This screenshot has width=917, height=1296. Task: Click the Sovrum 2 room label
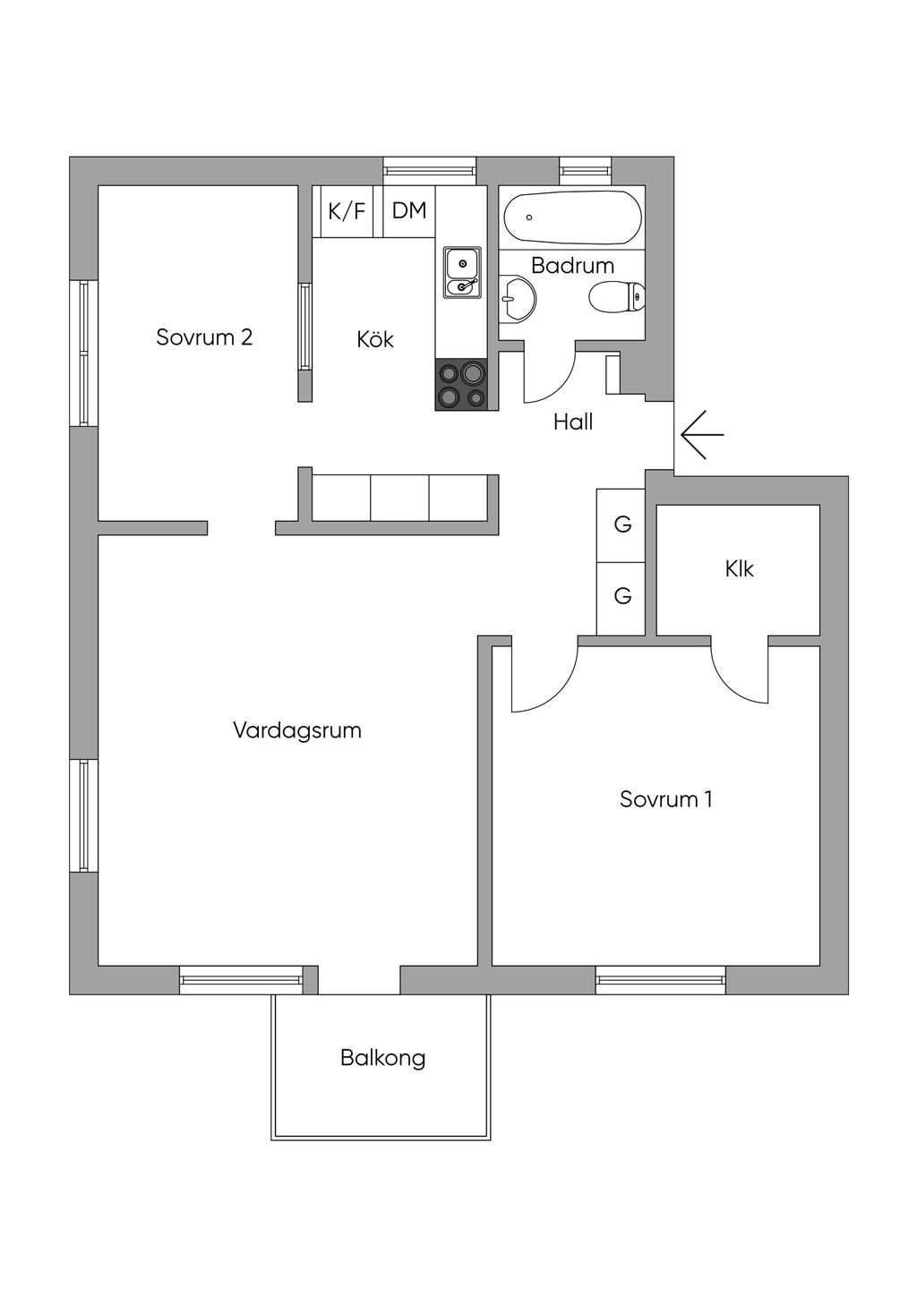click(204, 337)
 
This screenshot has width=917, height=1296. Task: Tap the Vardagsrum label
click(297, 730)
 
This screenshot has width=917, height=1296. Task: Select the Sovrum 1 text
click(665, 799)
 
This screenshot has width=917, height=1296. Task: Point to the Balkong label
click(382, 1058)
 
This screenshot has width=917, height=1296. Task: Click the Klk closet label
click(740, 568)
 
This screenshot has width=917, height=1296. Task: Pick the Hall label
click(573, 422)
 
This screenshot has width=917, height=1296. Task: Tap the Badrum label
click(572, 266)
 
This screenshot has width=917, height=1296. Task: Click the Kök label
click(375, 339)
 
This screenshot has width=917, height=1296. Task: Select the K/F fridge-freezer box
click(347, 211)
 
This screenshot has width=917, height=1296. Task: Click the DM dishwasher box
click(408, 211)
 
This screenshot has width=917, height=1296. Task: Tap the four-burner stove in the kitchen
click(462, 384)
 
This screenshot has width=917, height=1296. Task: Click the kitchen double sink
click(462, 272)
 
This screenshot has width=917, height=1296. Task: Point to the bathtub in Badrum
click(572, 217)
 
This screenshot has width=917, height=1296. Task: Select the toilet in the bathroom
click(617, 297)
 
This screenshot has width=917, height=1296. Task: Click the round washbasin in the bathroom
click(517, 298)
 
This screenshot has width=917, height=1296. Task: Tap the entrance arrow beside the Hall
click(702, 434)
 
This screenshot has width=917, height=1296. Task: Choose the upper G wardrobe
click(621, 524)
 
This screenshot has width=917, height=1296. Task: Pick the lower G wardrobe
click(621, 598)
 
